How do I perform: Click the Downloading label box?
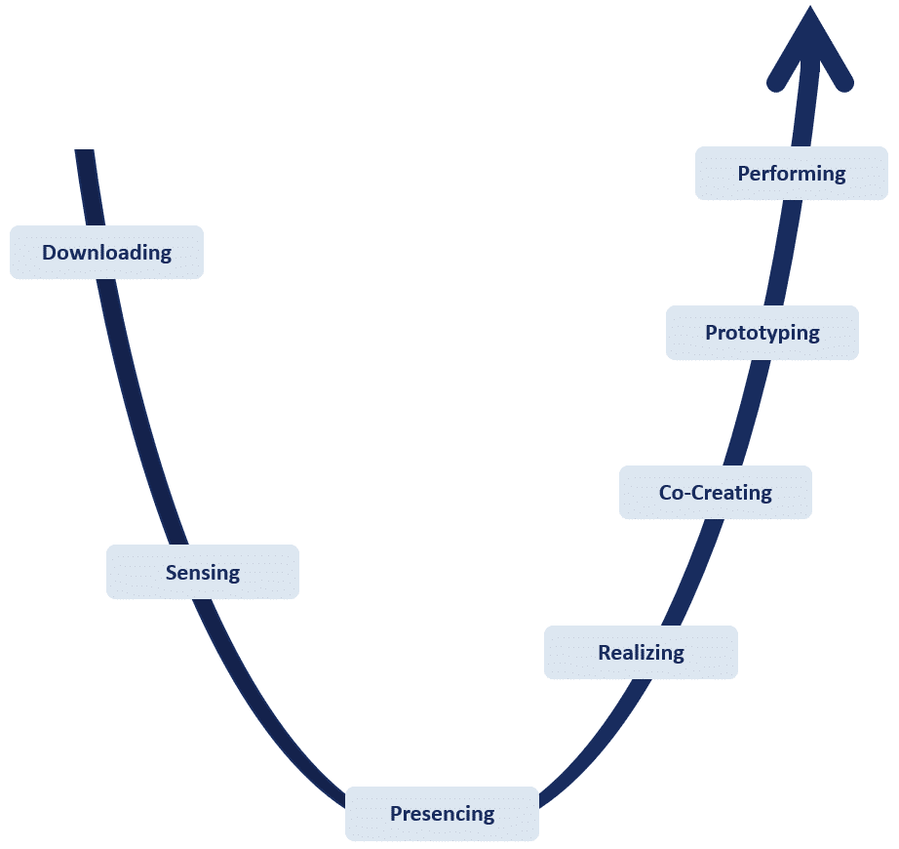click(x=106, y=253)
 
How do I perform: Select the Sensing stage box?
click(x=202, y=572)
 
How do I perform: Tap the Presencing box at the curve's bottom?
click(x=442, y=814)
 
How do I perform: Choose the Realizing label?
click(x=641, y=652)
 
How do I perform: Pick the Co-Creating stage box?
click(x=715, y=493)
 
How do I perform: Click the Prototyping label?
click(x=762, y=333)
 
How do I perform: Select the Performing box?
click(x=791, y=174)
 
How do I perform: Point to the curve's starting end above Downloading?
click(x=85, y=156)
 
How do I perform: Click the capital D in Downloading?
click(x=49, y=253)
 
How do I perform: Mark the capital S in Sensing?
click(x=172, y=572)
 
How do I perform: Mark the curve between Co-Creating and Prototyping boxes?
click(x=747, y=413)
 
